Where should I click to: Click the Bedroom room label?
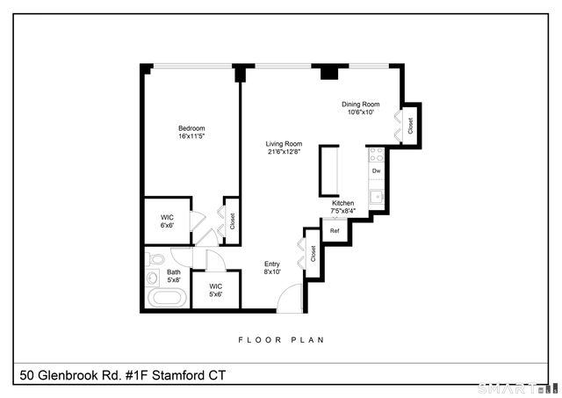pyautogui.click(x=192, y=127)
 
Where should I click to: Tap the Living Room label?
pyautogui.click(x=285, y=144)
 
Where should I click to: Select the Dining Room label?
pyautogui.click(x=360, y=105)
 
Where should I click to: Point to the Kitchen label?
pyautogui.click(x=342, y=203)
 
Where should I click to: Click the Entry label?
pyautogui.click(x=272, y=264)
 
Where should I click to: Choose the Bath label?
pyautogui.click(x=174, y=272)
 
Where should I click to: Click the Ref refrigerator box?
pyautogui.click(x=335, y=231)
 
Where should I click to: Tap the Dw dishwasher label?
pyautogui.click(x=376, y=170)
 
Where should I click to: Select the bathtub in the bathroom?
pyautogui.click(x=166, y=297)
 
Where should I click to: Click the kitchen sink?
pyautogui.click(x=376, y=195)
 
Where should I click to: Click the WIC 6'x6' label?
pyautogui.click(x=167, y=221)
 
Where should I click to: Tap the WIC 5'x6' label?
pyautogui.click(x=215, y=290)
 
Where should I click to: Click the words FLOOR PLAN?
pyautogui.click(x=281, y=339)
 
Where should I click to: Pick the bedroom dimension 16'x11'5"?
pyautogui.click(x=192, y=135)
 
